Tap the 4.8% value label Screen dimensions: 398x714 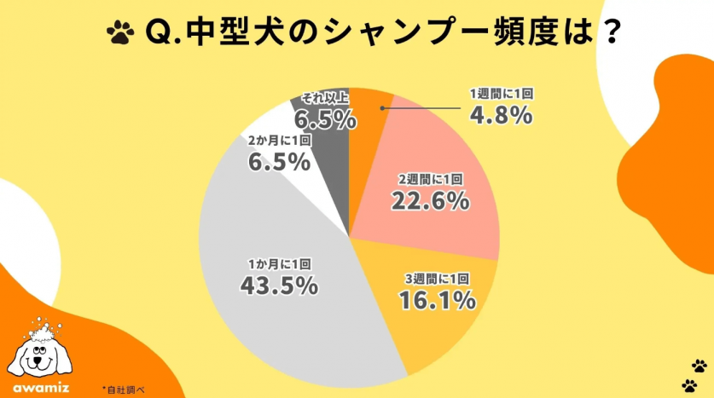pyautogui.click(x=502, y=114)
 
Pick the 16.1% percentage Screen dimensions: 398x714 pyautogui.click(x=435, y=299)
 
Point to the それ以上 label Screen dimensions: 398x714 pyautogui.click(x=324, y=98)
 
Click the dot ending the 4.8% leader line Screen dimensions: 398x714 pyautogui.click(x=382, y=108)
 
